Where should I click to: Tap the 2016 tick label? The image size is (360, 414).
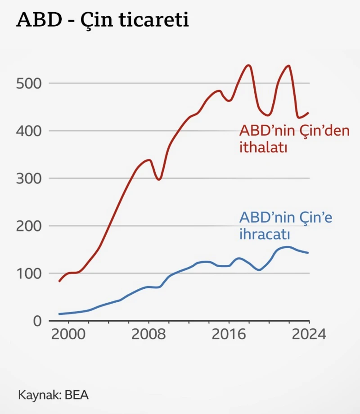[229, 336]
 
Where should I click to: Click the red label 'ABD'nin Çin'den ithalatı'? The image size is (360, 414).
[294, 139]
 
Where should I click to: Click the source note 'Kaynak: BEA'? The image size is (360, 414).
[54, 395]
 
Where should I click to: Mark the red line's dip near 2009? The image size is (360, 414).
[158, 179]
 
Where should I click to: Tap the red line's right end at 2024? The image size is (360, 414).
[309, 113]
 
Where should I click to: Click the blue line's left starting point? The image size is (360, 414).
[59, 314]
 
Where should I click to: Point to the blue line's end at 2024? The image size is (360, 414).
[309, 253]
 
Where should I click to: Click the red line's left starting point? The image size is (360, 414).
[59, 281]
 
